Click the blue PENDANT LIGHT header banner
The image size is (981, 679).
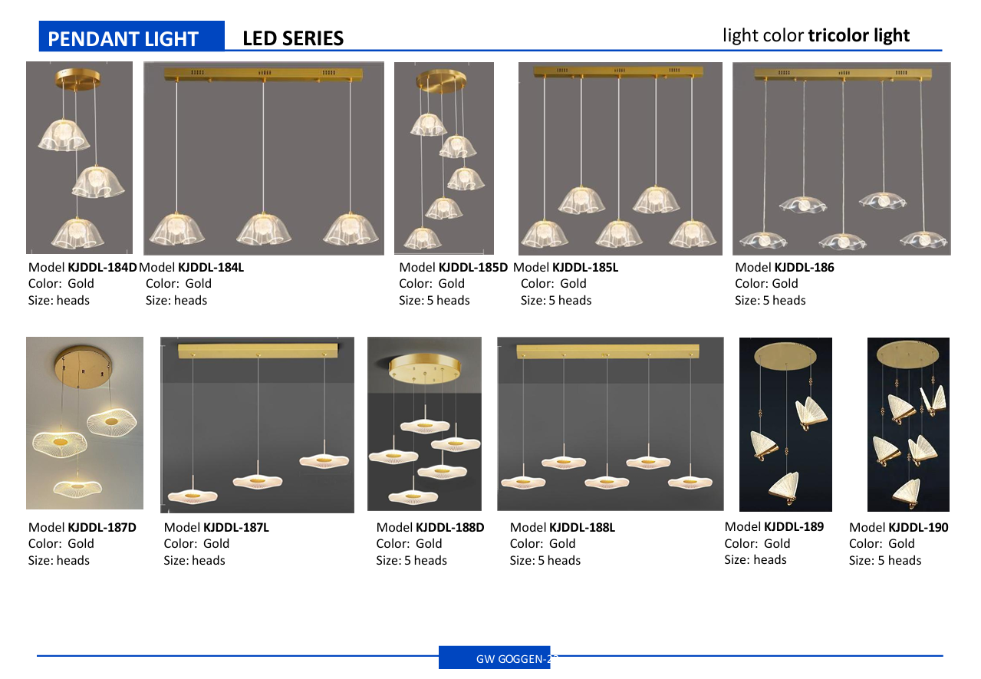pyautogui.click(x=131, y=36)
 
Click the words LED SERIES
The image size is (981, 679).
pyautogui.click(x=293, y=38)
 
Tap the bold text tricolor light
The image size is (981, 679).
pyautogui.click(x=858, y=35)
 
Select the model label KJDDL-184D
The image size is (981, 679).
pyautogui.click(x=102, y=267)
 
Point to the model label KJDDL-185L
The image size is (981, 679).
pyautogui.click(x=585, y=267)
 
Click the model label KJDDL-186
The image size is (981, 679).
pyautogui.click(x=804, y=267)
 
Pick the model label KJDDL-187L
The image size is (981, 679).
pyautogui.click(x=236, y=527)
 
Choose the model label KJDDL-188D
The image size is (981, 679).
pyautogui.click(x=449, y=527)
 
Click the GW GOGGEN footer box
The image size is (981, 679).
pyautogui.click(x=495, y=657)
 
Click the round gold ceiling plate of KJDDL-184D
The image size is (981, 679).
pyautogui.click(x=77, y=77)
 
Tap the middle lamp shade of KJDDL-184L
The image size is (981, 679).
pyautogui.click(x=263, y=229)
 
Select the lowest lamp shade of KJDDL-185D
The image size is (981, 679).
pyautogui.click(x=422, y=238)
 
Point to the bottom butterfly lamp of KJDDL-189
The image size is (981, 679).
pyautogui.click(x=785, y=487)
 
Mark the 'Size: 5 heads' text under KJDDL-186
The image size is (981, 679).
pyautogui.click(x=770, y=300)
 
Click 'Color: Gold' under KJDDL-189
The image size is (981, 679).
pyautogui.click(x=757, y=543)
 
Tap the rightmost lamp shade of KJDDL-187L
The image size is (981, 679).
pyautogui.click(x=324, y=460)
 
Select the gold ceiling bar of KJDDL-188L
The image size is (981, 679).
pyautogui.click(x=607, y=351)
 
